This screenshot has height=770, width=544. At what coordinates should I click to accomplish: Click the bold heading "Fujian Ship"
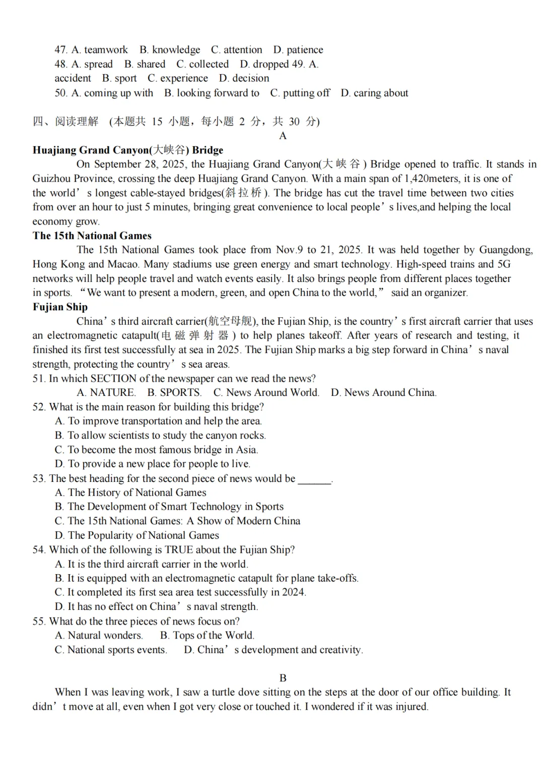[x=60, y=307]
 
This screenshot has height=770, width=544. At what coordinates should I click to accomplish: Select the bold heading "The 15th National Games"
[x=92, y=236]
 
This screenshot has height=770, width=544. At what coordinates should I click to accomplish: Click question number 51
[x=39, y=379]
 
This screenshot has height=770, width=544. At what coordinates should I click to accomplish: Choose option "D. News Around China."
[x=383, y=393]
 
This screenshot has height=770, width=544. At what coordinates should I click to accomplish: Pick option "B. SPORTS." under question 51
[x=174, y=393]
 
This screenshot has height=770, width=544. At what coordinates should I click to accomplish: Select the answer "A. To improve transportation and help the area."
[x=158, y=421]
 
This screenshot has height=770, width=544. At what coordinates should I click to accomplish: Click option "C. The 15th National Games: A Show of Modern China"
[x=177, y=521]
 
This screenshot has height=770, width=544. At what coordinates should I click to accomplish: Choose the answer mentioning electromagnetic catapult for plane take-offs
[x=207, y=578]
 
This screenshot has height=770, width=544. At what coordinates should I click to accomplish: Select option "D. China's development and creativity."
[x=273, y=650]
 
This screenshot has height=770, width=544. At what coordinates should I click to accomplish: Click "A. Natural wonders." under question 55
[x=99, y=636]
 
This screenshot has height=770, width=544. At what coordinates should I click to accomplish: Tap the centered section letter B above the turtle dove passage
[x=283, y=678]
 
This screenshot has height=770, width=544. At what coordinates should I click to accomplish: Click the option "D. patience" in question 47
[x=298, y=50]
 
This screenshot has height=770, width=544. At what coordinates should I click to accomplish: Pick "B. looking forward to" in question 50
[x=212, y=93]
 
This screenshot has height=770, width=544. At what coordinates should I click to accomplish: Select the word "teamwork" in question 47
[x=106, y=50]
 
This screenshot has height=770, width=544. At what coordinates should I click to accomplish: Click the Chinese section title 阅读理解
[x=77, y=121]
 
